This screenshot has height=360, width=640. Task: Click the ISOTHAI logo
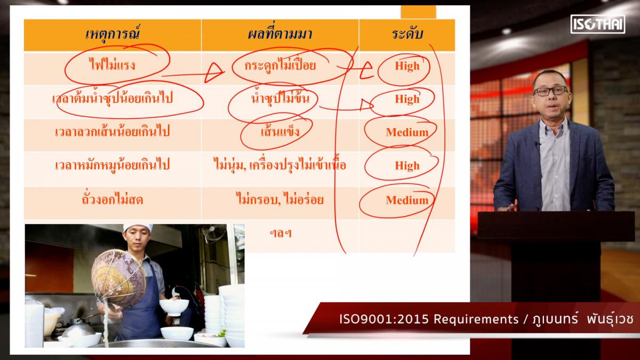(598, 24)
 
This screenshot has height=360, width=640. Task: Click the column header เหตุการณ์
(113, 34)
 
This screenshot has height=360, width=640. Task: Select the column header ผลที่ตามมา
(280, 34)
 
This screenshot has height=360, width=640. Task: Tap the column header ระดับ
(407, 34)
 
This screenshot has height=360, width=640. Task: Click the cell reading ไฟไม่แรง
(112, 65)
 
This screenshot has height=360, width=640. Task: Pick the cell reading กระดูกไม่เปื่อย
(280, 65)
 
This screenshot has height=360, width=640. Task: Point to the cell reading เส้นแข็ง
(280, 131)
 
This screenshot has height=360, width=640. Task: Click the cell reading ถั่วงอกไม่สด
(112, 199)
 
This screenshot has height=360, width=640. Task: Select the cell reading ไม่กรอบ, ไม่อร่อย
(280, 199)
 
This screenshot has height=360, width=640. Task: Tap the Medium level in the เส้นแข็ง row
(407, 132)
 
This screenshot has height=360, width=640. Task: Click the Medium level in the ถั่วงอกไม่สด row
(407, 200)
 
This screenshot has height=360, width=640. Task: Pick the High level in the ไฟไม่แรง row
(407, 66)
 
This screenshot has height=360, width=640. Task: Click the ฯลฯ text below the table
(281, 234)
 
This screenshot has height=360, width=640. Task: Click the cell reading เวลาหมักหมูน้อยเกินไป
(112, 165)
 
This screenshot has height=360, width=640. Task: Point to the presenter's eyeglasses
(550, 91)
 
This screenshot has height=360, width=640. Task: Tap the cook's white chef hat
(138, 228)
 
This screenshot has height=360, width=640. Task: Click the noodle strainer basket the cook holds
(118, 278)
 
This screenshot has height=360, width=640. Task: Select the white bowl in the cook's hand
(174, 307)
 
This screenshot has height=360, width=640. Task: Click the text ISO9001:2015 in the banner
(384, 319)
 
